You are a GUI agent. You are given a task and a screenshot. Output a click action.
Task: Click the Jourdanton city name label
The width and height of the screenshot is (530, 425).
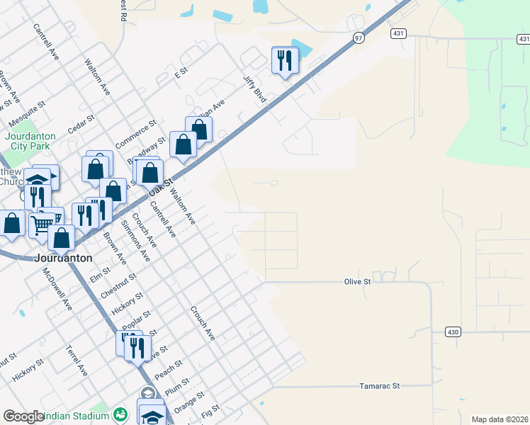pyautogui.click(x=64, y=258)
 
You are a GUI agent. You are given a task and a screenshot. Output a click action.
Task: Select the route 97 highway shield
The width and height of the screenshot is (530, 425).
pyautogui.click(x=359, y=38)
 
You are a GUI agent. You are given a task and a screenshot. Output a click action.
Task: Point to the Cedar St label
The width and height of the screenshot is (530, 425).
pyautogui.click(x=80, y=124)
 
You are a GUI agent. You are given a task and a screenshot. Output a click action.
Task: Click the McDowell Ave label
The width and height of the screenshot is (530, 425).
pyautogui.click(x=57, y=289)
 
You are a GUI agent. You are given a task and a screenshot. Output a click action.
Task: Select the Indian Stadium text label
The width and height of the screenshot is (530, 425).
pyautogui.click(x=78, y=416)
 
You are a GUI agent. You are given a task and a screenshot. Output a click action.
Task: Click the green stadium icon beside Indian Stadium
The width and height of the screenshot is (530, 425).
pyautogui.click(x=120, y=414)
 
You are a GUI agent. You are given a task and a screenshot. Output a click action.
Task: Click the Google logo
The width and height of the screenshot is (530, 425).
pyautogui.click(x=23, y=416)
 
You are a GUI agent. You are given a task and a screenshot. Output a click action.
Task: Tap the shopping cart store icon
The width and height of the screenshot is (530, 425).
pyautogui.click(x=44, y=222)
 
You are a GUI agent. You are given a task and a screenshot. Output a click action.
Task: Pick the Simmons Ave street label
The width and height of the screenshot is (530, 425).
pyautogui.click(x=135, y=239)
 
